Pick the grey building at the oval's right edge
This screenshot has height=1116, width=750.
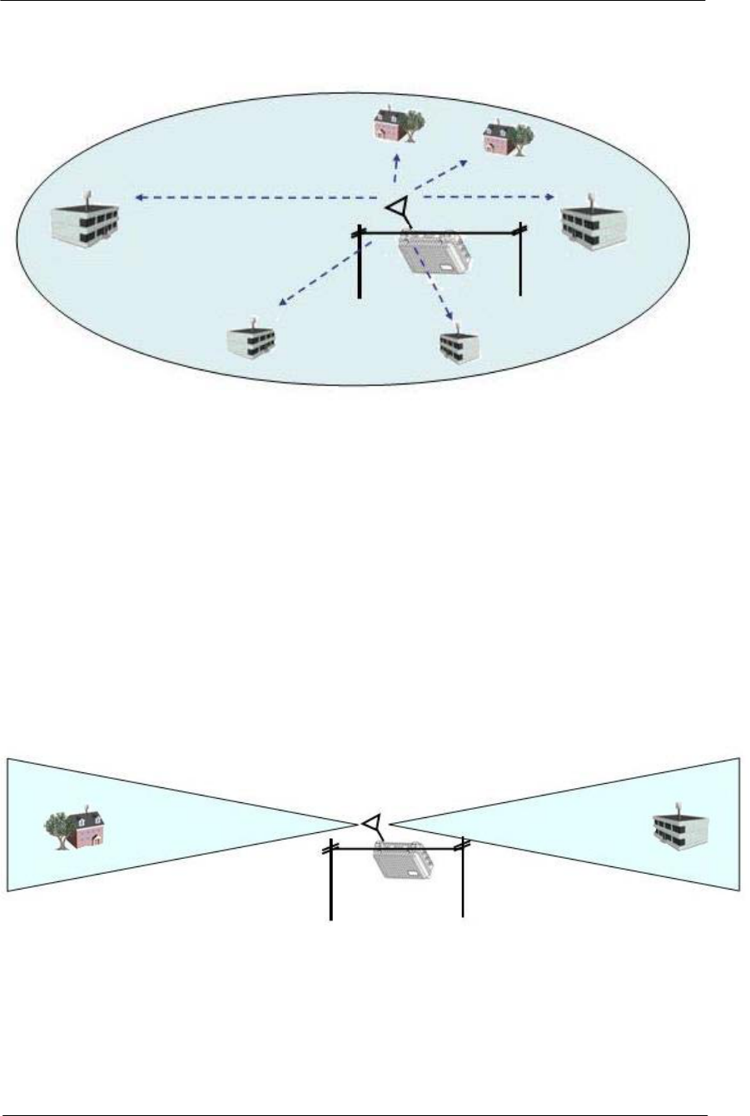[x=593, y=225]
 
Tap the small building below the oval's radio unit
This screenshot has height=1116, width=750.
[x=460, y=344]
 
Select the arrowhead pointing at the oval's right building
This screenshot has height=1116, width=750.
[x=550, y=197]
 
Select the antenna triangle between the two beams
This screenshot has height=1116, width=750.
[x=371, y=821]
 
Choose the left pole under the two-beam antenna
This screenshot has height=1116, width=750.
[x=331, y=882]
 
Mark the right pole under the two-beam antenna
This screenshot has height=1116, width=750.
[x=462, y=880]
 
